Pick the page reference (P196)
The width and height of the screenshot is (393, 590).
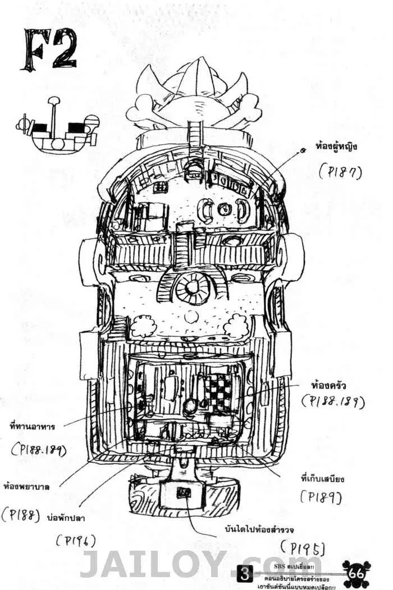(76, 540)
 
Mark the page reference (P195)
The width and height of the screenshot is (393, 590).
(304, 547)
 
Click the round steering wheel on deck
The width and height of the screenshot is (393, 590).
(192, 287)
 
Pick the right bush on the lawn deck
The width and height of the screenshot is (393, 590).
(236, 326)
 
